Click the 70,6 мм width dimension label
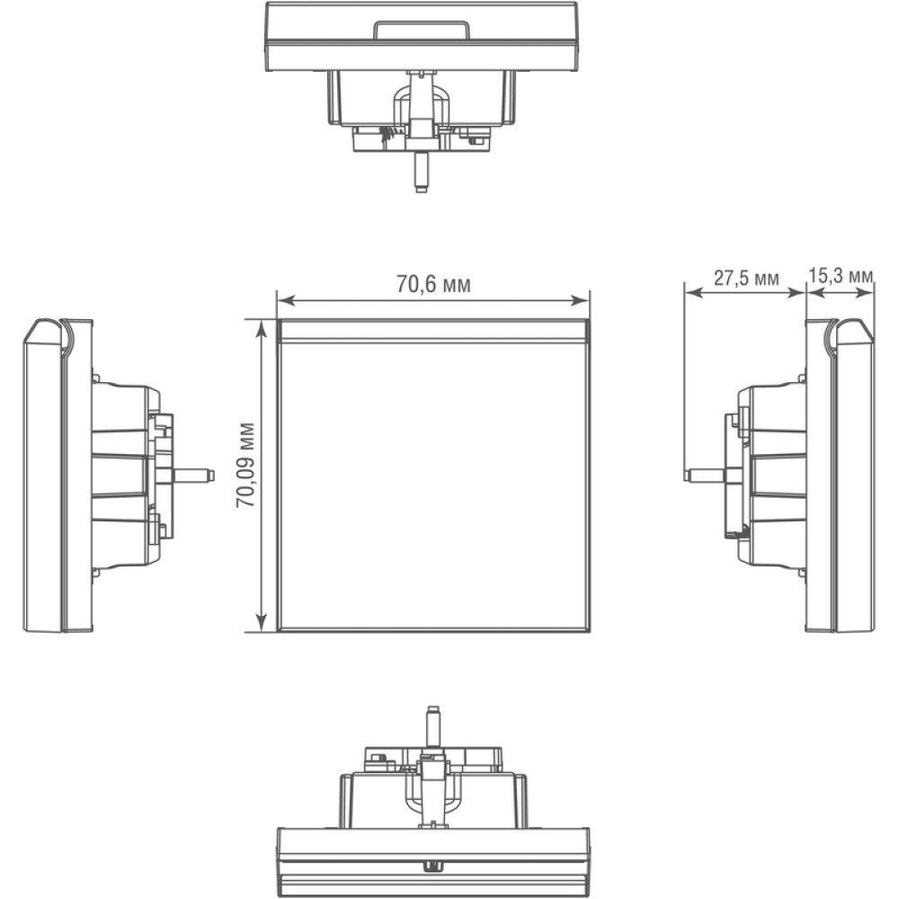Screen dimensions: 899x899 click(x=433, y=284)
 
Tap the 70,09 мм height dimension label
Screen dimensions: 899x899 click(x=246, y=465)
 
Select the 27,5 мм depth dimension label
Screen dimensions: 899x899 click(x=746, y=278)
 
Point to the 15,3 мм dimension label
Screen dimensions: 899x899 click(x=841, y=276)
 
